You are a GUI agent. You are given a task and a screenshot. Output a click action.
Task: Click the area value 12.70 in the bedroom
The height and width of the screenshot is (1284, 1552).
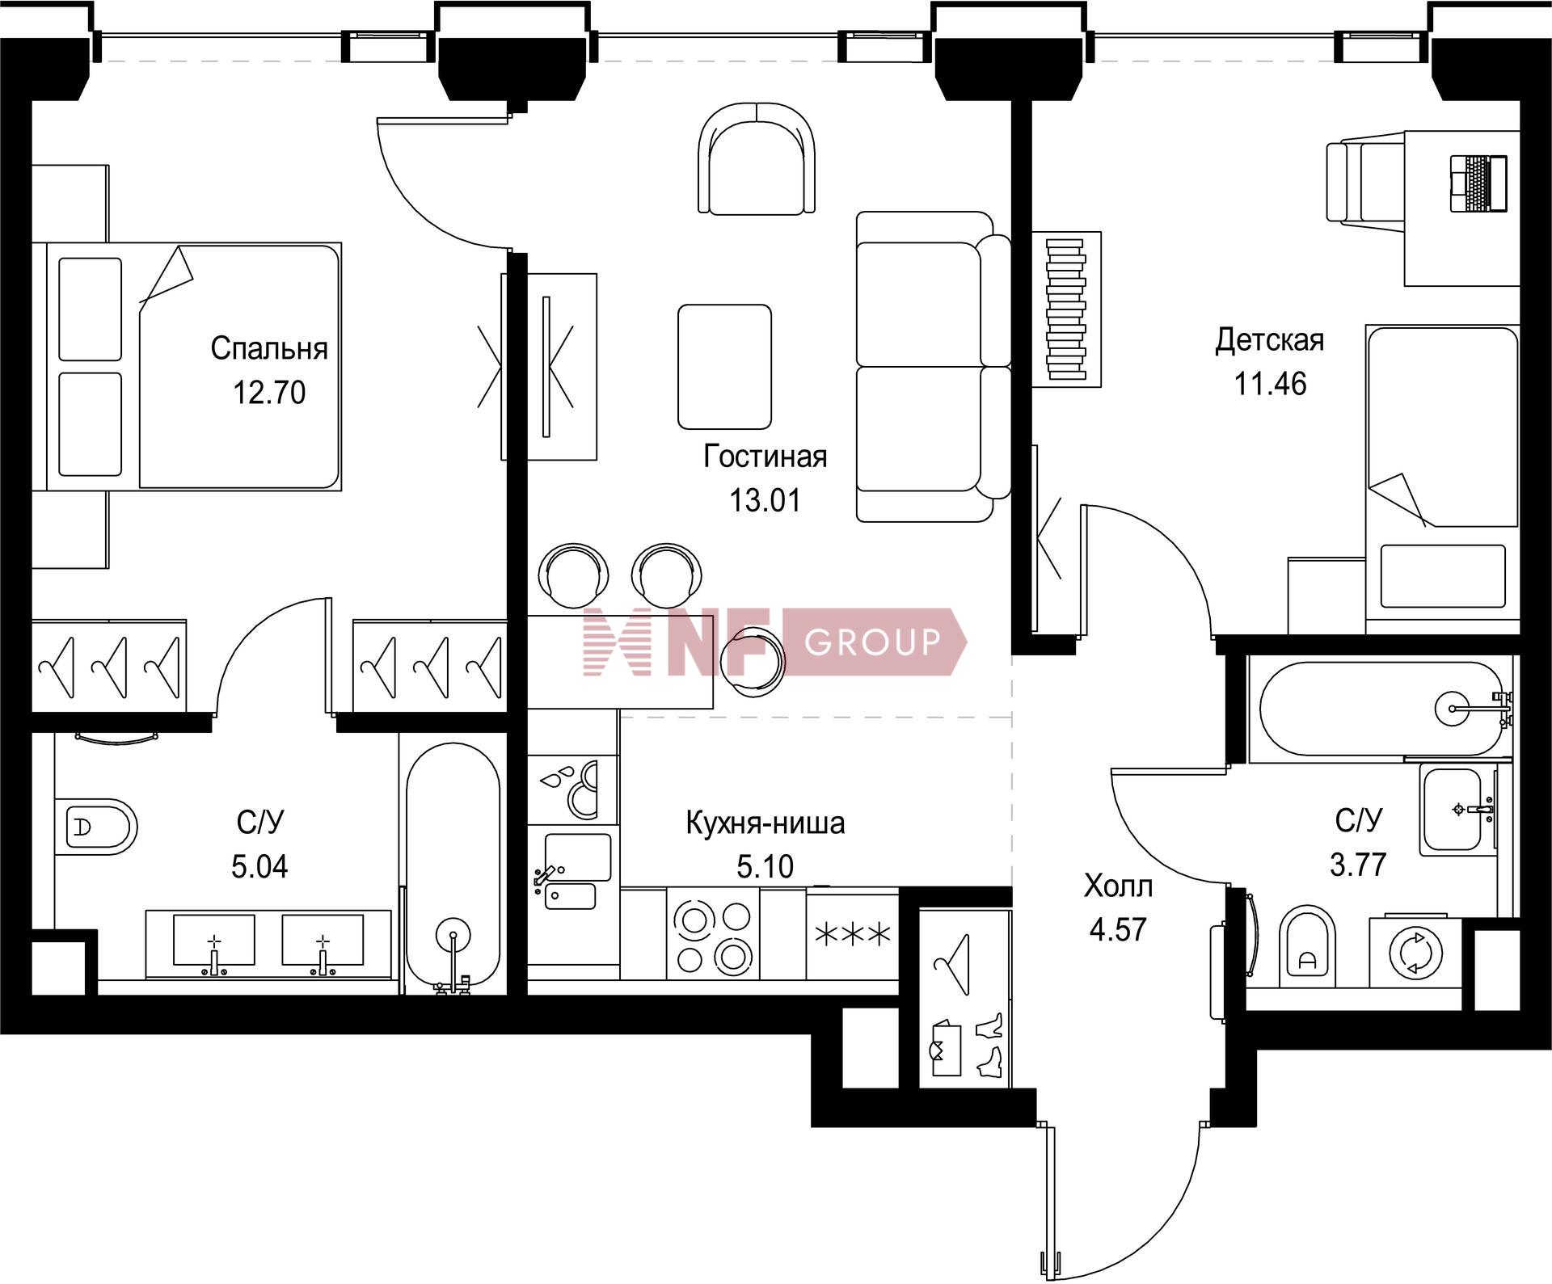[269, 393]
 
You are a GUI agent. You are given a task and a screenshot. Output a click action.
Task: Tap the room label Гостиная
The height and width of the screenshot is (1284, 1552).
[765, 457]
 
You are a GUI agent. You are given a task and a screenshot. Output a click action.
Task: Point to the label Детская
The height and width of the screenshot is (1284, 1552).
[1270, 340]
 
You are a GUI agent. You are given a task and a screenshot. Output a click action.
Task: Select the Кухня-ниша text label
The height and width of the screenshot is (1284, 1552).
[765, 823]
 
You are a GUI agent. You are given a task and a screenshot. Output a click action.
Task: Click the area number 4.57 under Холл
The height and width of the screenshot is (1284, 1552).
[1118, 929]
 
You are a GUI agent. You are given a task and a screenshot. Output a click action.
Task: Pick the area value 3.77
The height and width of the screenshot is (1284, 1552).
[1358, 865]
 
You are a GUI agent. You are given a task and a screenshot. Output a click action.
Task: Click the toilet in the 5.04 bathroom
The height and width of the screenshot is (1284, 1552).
[97, 827]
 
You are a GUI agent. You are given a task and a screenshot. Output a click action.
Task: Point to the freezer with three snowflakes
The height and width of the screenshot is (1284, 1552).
[853, 935]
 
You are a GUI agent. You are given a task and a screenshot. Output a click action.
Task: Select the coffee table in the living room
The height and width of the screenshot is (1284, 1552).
[724, 366]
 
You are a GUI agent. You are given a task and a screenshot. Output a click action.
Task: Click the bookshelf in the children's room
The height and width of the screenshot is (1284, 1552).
[1066, 309]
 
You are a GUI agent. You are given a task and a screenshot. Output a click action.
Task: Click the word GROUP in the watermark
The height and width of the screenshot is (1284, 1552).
[873, 642]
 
